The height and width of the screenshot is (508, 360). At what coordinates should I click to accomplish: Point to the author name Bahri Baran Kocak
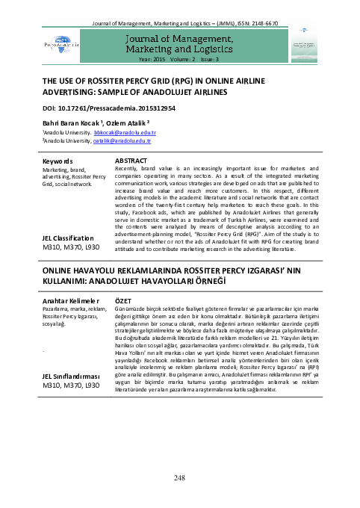(63, 123)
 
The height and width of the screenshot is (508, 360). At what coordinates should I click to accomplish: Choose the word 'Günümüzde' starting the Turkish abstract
(130, 309)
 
